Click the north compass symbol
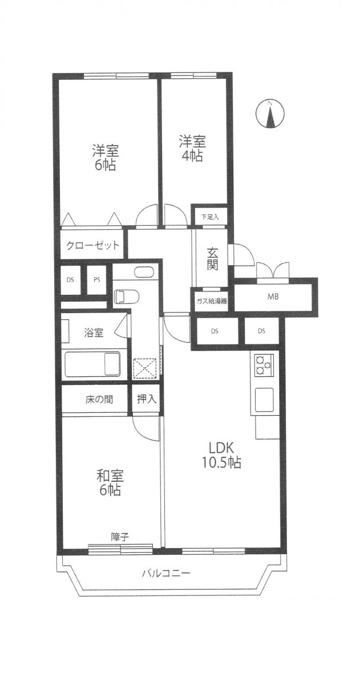pyautogui.click(x=270, y=114)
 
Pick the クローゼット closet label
pyautogui.click(x=92, y=246)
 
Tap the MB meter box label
pyautogui.click(x=273, y=297)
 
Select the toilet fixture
pyautogui.click(x=125, y=297)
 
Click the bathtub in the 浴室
pyautogui.click(x=92, y=364)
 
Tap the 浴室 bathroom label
pyautogui.click(x=94, y=333)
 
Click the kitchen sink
pyautogui.click(x=264, y=400)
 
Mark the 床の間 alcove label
pyautogui.click(x=99, y=400)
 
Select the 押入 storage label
pyautogui.click(x=146, y=400)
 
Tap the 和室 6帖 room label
pyautogui.click(x=110, y=482)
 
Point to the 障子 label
pyautogui.click(x=119, y=537)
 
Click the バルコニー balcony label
pyautogui.click(x=166, y=574)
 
